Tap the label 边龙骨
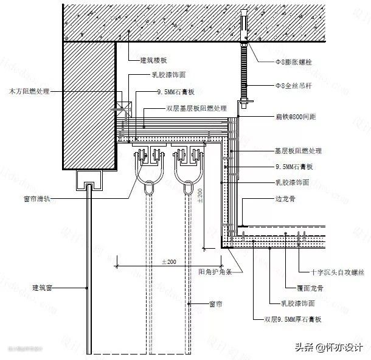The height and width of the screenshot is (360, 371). point(284,197)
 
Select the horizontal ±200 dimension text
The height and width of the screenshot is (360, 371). point(168,261)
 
